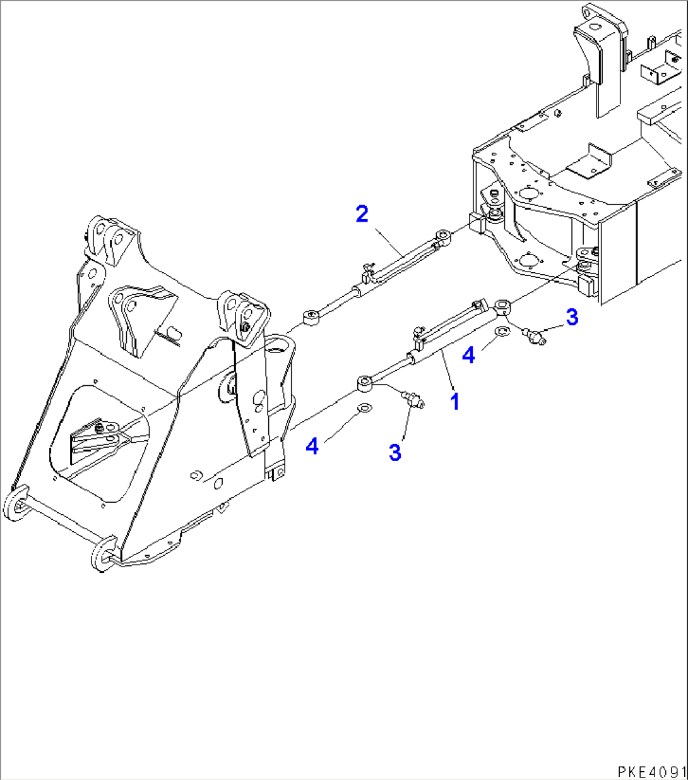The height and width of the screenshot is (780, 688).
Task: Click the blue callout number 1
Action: [454, 400]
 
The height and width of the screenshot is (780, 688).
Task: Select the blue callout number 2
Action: [362, 214]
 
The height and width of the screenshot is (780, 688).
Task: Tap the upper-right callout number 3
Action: [571, 317]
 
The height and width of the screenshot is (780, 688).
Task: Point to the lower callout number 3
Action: [395, 452]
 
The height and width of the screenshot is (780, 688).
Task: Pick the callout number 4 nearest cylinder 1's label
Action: [468, 355]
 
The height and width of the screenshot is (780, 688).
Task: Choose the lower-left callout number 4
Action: [312, 447]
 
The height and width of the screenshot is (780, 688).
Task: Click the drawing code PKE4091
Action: [651, 771]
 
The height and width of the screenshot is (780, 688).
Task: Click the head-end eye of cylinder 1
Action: [503, 308]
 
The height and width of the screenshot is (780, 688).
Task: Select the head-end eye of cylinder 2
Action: [446, 237]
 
